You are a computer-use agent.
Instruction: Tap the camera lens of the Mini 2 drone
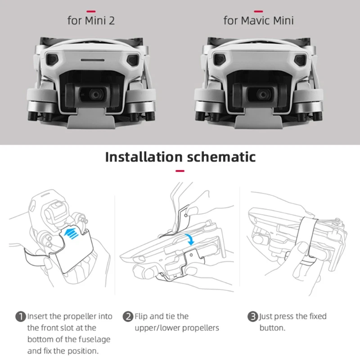[95, 94]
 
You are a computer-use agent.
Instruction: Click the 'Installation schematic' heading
[180, 157]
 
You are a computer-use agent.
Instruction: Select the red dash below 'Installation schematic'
[180, 171]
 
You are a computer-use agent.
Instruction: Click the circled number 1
[21, 317]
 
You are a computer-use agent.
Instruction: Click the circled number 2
[128, 317]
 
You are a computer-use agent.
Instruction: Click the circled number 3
[253, 317]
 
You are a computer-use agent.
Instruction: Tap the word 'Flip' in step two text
[142, 316]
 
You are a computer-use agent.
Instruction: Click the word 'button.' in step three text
[272, 328]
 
